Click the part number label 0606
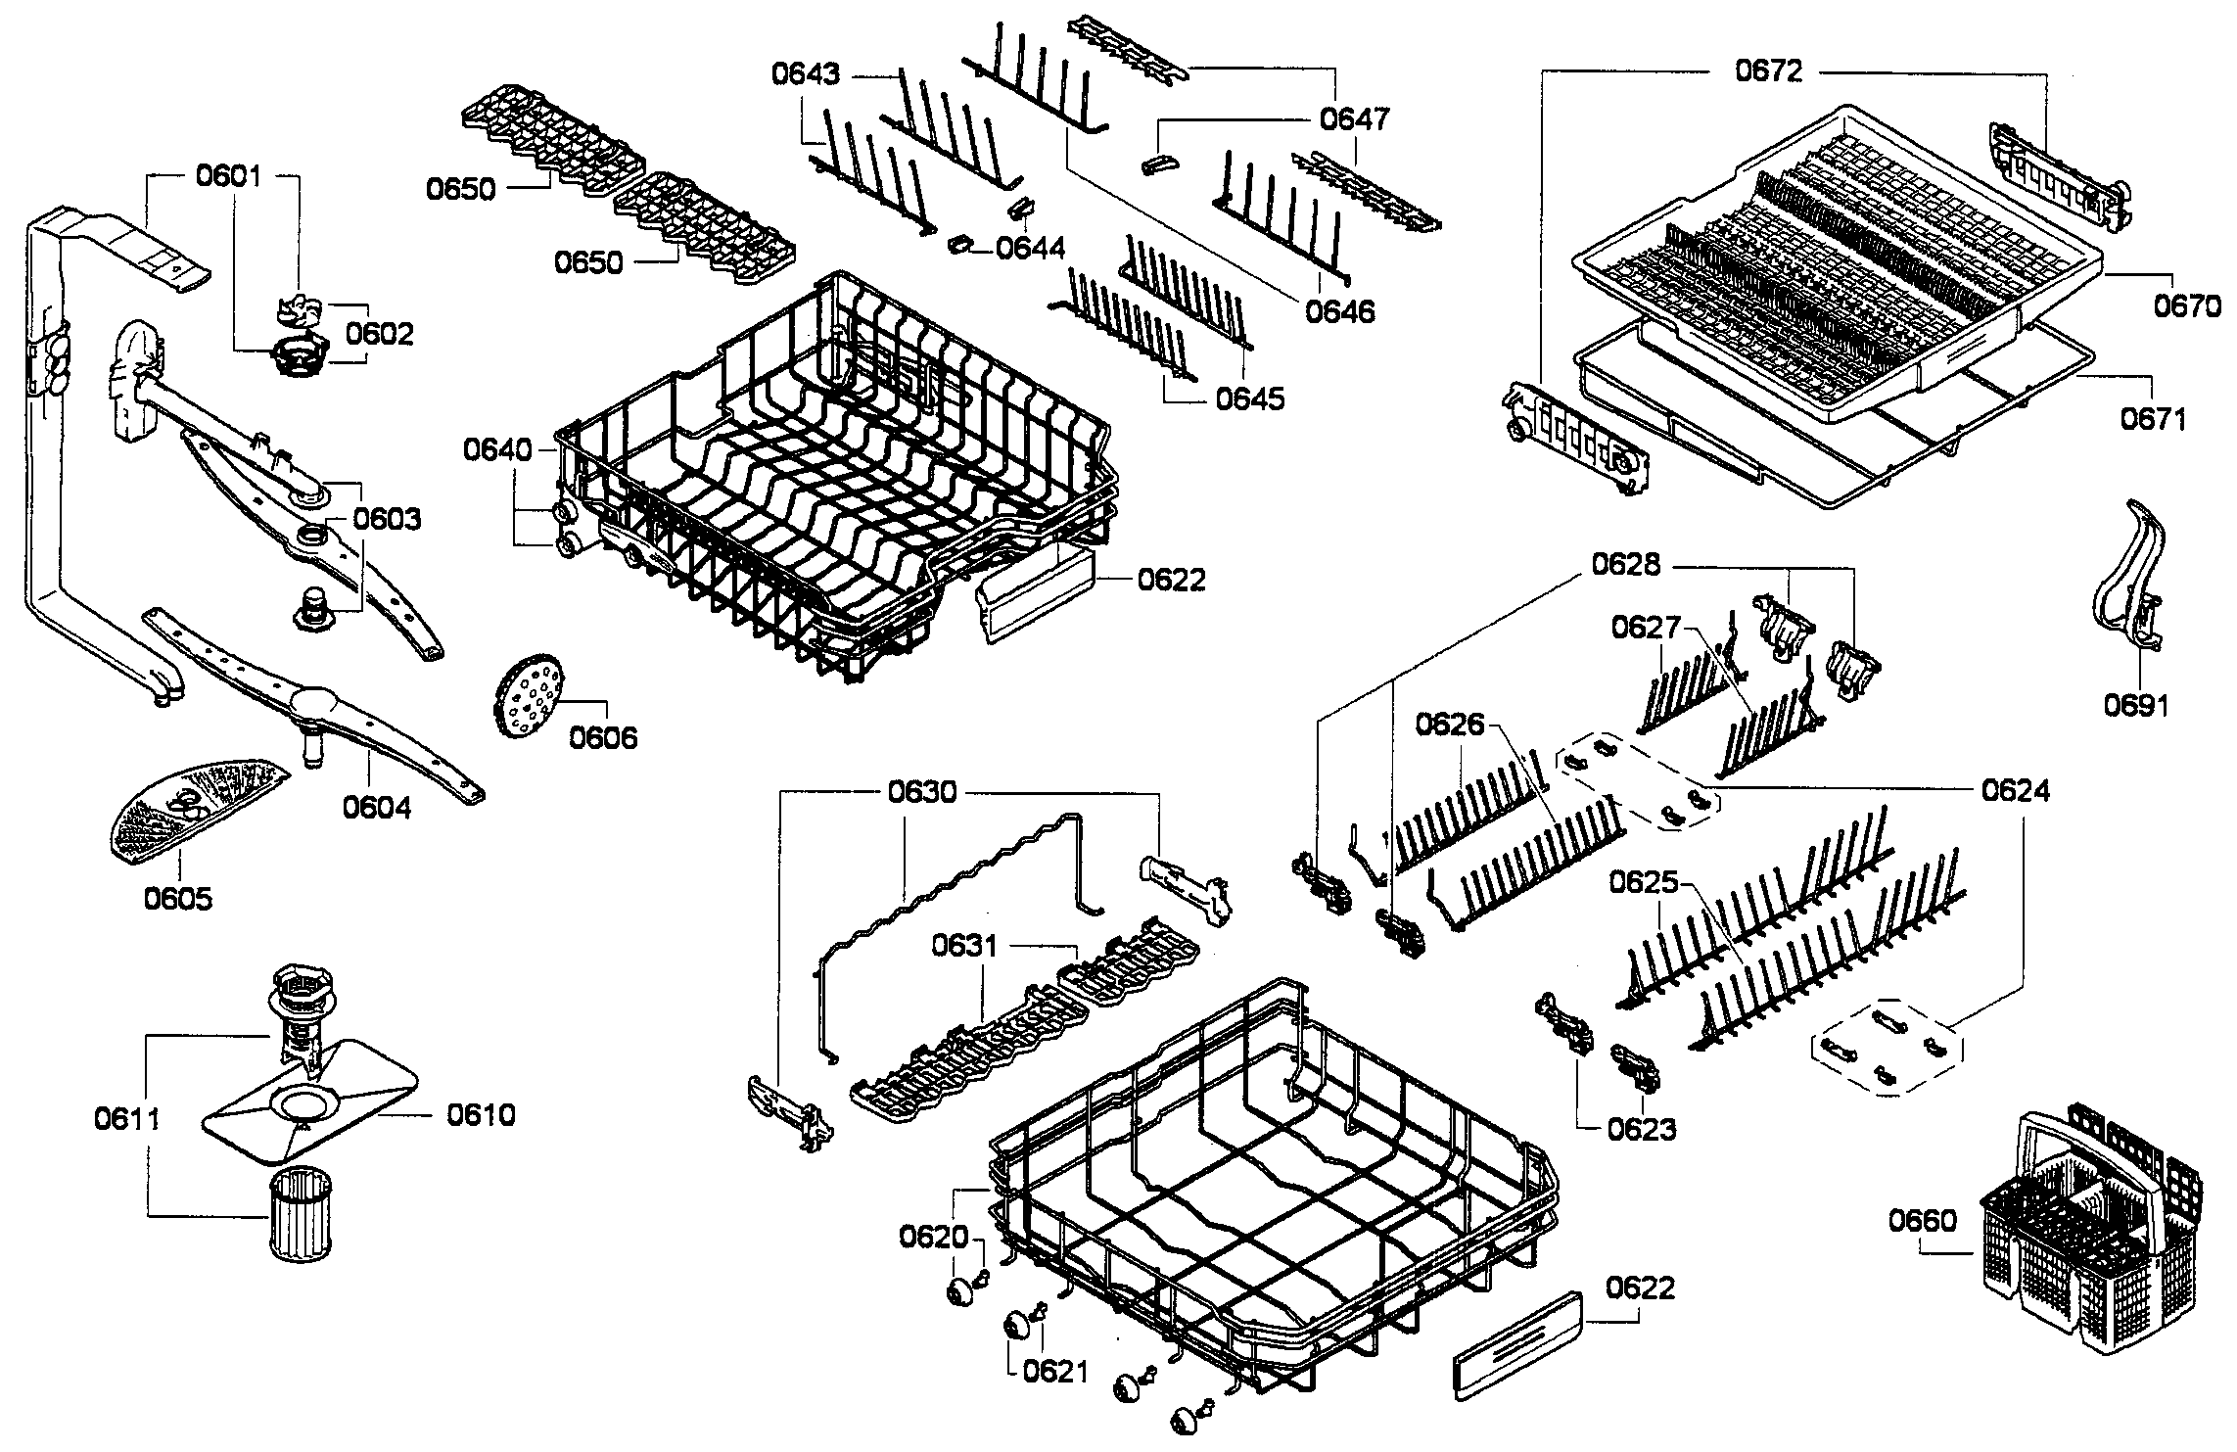[x=603, y=737]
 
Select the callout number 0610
[x=481, y=1114]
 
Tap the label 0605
[x=177, y=898]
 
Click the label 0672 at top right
[x=1768, y=70]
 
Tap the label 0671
[x=2153, y=419]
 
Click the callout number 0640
[x=497, y=450]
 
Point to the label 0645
[x=1250, y=398]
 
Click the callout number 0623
[x=1642, y=1129]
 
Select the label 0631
[x=964, y=946]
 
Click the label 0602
[x=380, y=334]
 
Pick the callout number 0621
[x=1055, y=1372]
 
